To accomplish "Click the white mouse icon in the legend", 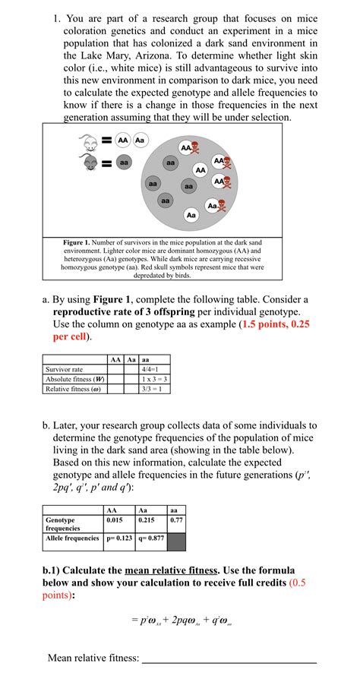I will [x=89, y=142].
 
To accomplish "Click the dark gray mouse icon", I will [x=89, y=162].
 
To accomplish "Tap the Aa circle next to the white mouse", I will [x=141, y=141].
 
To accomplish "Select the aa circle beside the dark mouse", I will [x=123, y=163].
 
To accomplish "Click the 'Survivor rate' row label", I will [x=65, y=369].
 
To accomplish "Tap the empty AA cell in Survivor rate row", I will [x=115, y=369].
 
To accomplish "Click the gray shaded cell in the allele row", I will [x=178, y=539].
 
